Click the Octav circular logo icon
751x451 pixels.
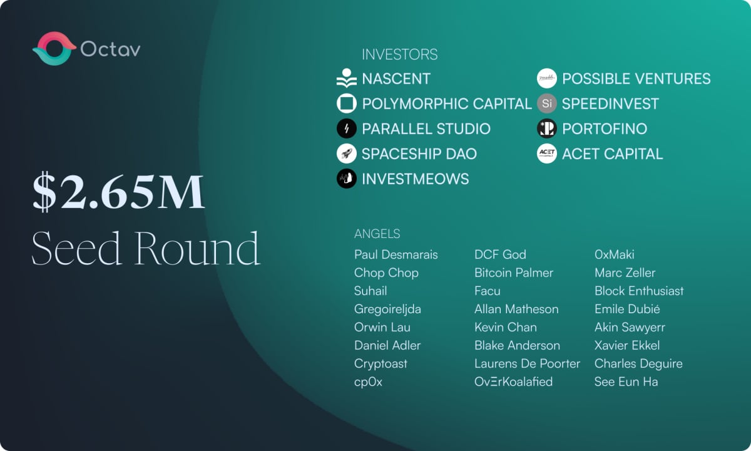coord(54,49)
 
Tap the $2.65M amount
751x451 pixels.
coord(118,192)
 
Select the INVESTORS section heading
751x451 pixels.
coord(400,54)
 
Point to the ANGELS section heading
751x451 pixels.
coord(377,234)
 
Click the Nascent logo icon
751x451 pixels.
coord(347,78)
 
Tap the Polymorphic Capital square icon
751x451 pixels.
coord(347,103)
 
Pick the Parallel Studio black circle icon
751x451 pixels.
coord(347,128)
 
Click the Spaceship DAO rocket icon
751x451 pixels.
coord(347,153)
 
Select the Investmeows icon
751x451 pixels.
coord(347,179)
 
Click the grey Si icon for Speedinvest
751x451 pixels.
coord(547,103)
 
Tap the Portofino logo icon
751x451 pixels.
coord(547,128)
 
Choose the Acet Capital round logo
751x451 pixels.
coord(547,153)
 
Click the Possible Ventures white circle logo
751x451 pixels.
coord(547,78)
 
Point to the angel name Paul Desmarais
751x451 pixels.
coord(396,255)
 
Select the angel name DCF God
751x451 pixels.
coord(500,255)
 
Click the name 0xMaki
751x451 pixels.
coord(614,255)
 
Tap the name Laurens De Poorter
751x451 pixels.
coord(527,364)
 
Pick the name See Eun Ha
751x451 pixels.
coord(626,382)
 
